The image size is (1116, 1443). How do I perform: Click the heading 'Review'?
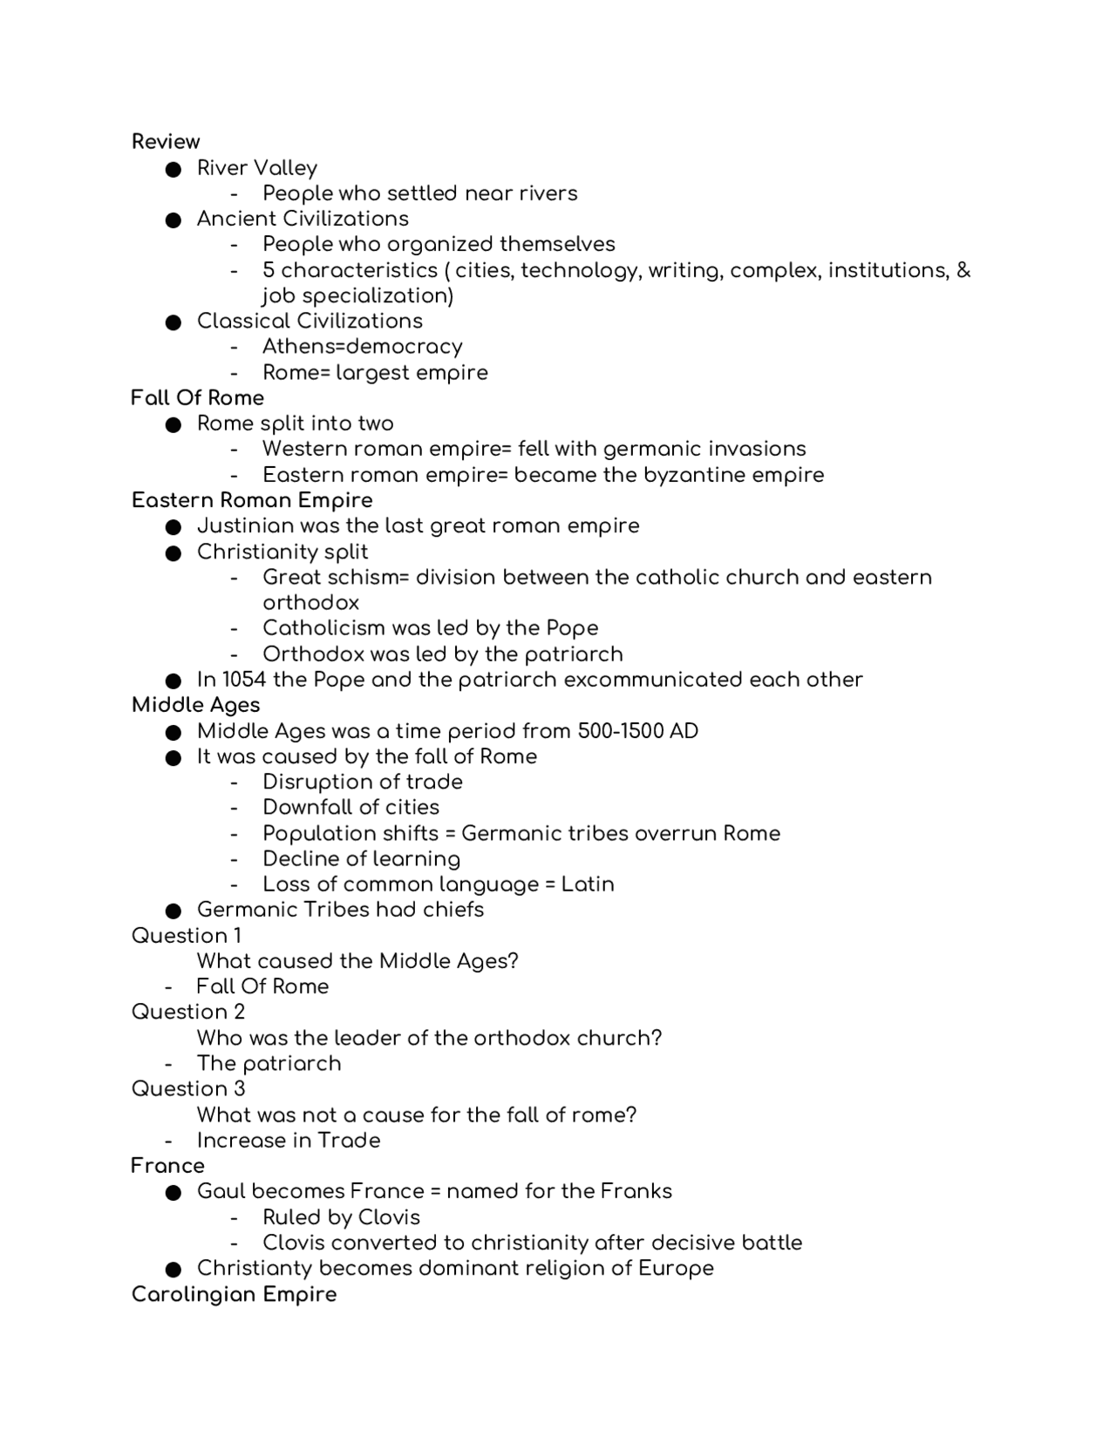coord(166,141)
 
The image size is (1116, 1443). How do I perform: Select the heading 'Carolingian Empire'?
coord(234,1294)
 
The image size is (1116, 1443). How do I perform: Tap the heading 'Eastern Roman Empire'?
coord(252,500)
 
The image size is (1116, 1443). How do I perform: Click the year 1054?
coord(244,680)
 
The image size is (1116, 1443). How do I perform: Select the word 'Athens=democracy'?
coord(362,347)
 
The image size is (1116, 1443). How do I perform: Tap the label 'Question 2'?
coord(188,1012)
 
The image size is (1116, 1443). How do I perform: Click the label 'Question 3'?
coord(188,1088)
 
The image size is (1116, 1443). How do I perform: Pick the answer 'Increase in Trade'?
coord(289,1141)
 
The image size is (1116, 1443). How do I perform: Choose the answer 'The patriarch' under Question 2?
coord(269,1064)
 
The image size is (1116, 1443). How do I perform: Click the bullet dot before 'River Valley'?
coord(173,169)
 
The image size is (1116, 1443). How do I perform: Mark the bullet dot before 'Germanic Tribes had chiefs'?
coord(173,911)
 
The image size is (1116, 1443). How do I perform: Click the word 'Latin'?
coord(588,884)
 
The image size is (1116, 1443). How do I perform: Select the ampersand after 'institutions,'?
coord(963,270)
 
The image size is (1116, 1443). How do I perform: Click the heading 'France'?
coord(167,1166)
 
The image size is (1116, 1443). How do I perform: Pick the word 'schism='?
coord(372,578)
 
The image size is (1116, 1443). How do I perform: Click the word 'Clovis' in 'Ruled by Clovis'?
coord(388,1217)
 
